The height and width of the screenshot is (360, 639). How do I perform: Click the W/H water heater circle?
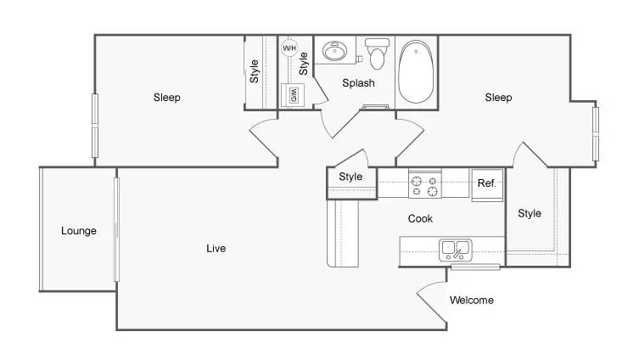[289, 48]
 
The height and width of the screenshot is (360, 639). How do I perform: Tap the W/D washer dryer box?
[294, 95]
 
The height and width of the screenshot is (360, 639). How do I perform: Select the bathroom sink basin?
[335, 51]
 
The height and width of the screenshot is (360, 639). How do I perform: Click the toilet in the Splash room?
[378, 53]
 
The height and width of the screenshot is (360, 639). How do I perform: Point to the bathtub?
[416, 71]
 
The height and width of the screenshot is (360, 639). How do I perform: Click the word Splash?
[358, 83]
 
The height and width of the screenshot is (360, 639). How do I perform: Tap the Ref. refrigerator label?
[487, 183]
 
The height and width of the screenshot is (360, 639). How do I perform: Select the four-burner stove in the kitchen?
[424, 185]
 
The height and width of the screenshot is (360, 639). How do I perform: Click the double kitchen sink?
[456, 250]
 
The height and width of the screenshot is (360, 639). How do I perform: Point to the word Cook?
[420, 218]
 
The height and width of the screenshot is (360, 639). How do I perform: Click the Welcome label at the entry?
[472, 300]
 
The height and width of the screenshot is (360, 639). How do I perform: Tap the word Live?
[216, 248]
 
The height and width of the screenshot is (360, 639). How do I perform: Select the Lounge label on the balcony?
[79, 231]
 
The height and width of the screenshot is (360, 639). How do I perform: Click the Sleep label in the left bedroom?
[166, 98]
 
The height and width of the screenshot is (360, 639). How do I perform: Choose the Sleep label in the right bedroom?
[498, 98]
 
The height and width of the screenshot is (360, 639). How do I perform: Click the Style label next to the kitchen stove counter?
[350, 177]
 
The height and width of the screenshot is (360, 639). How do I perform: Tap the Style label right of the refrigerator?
[530, 213]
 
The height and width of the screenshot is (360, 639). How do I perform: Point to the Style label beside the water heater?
[303, 64]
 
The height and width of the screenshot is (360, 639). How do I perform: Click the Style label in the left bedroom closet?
[255, 71]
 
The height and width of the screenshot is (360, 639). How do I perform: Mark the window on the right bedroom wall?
[596, 133]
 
